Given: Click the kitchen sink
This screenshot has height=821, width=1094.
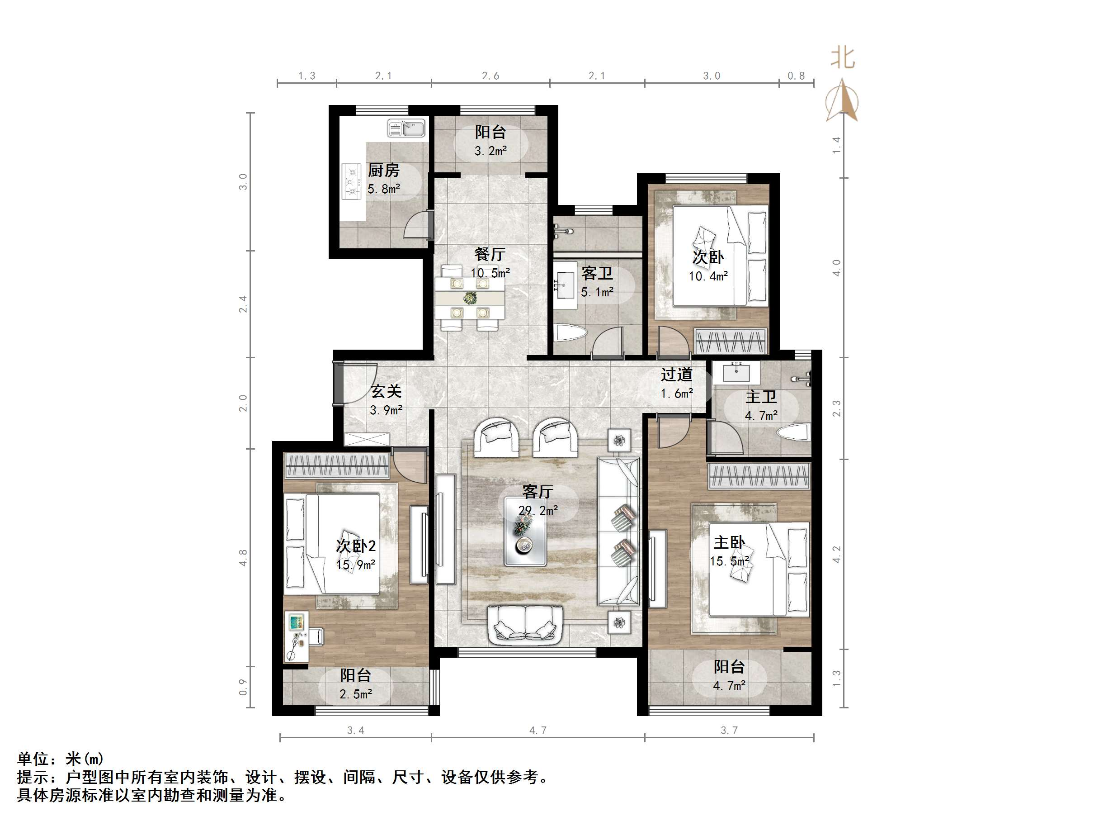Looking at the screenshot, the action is tap(406, 128).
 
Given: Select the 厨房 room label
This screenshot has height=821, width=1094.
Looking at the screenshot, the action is tap(383, 170).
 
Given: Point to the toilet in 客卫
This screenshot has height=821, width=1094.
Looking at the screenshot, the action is tap(571, 332).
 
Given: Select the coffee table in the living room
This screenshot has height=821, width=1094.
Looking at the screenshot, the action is tap(525, 532).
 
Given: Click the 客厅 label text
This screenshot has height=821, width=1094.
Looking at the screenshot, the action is tap(538, 491).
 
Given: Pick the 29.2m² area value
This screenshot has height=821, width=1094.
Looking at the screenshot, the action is tap(538, 510).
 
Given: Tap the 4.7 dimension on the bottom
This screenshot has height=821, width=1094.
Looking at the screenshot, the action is tap(538, 730).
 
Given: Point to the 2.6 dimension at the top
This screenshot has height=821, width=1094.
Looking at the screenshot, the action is tap(490, 76).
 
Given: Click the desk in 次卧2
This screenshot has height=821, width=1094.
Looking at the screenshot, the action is tap(296, 636).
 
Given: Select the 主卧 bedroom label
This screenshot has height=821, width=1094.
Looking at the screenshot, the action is tap(729, 542).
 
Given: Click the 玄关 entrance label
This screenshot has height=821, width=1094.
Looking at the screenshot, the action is tap(386, 391).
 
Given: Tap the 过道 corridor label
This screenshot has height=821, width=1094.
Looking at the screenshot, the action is tap(677, 375).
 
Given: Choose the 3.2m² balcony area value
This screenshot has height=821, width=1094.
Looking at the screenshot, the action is tap(490, 151).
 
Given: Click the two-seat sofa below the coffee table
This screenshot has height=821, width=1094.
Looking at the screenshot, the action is tap(525, 626).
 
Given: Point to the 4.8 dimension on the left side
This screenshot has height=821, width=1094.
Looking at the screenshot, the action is tap(243, 558).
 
